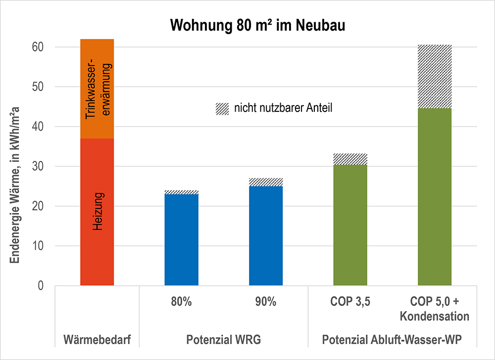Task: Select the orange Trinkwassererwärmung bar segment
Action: pyautogui.click(x=98, y=89)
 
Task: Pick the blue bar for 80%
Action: pyautogui.click(x=182, y=240)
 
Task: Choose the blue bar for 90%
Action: pyautogui.click(x=266, y=236)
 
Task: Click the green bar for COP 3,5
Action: pyautogui.click(x=350, y=225)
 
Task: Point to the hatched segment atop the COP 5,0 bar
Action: pyautogui.click(x=435, y=76)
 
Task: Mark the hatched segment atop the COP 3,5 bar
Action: pyautogui.click(x=350, y=159)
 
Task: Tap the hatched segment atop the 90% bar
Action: pyautogui.click(x=266, y=182)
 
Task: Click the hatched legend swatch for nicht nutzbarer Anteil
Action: pyautogui.click(x=222, y=108)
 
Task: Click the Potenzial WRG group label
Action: pyautogui.click(x=223, y=341)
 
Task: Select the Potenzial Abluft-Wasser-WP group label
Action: pyautogui.click(x=392, y=341)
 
